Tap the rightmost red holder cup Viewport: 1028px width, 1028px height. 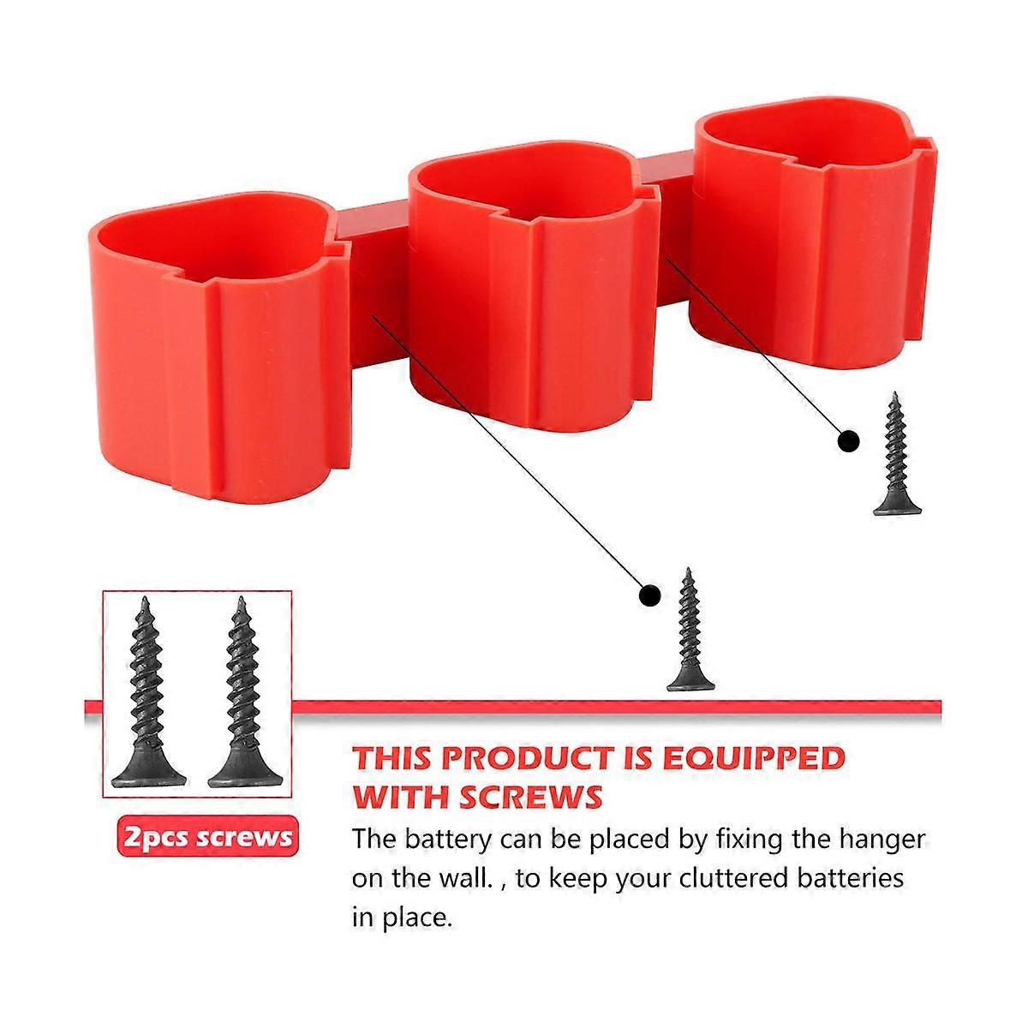[814, 235]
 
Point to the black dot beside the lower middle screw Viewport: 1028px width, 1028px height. [650, 595]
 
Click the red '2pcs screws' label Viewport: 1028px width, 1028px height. [207, 836]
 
